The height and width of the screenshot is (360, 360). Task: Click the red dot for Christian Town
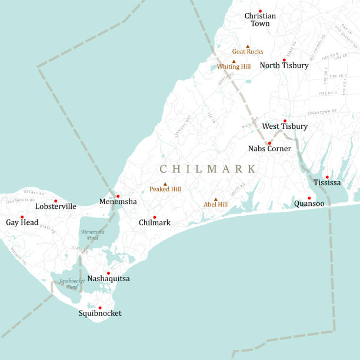click(x=260, y=11)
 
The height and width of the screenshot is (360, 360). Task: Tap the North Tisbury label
click(x=284, y=66)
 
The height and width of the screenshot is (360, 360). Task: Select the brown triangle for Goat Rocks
click(x=248, y=46)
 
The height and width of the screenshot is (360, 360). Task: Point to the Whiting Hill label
click(x=234, y=67)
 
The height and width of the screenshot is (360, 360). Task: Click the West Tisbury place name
click(x=285, y=126)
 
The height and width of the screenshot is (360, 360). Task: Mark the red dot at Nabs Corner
click(x=269, y=143)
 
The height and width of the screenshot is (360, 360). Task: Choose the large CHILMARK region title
click(x=208, y=169)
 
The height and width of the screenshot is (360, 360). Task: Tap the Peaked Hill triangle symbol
click(x=165, y=184)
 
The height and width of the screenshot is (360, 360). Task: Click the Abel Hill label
click(x=215, y=205)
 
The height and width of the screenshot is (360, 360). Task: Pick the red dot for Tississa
click(x=327, y=176)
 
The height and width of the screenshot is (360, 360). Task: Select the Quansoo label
click(x=309, y=205)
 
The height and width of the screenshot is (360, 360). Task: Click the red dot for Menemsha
click(x=118, y=196)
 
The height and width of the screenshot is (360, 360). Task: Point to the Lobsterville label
click(x=56, y=206)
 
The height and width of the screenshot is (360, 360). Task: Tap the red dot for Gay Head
click(x=22, y=216)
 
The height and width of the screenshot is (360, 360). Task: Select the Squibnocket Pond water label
click(x=72, y=284)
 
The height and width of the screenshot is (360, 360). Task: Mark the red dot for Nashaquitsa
click(x=108, y=273)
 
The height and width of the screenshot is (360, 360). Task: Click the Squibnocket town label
click(x=100, y=314)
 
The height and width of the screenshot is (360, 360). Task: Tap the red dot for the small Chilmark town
click(x=155, y=217)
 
